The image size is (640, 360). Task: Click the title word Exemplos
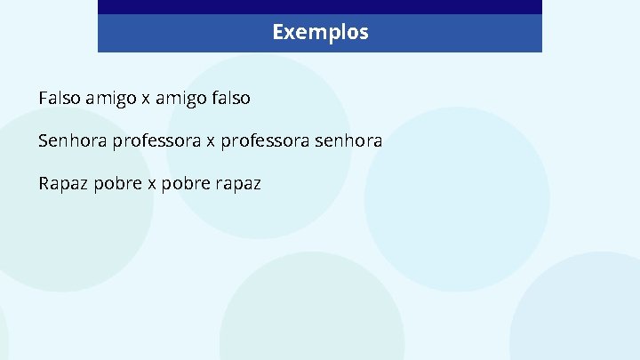320,33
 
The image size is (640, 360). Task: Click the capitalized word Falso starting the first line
60,98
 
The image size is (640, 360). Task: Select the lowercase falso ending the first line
230,98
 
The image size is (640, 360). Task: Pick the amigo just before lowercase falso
180,99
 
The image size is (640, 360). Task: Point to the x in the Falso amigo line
145,99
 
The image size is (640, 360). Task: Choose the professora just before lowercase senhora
264,141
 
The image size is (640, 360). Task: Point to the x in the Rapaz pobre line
144,184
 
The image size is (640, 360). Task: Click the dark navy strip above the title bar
320,6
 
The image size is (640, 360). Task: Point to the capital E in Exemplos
278,33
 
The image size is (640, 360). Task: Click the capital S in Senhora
44,140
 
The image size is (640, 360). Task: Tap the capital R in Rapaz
44,184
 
